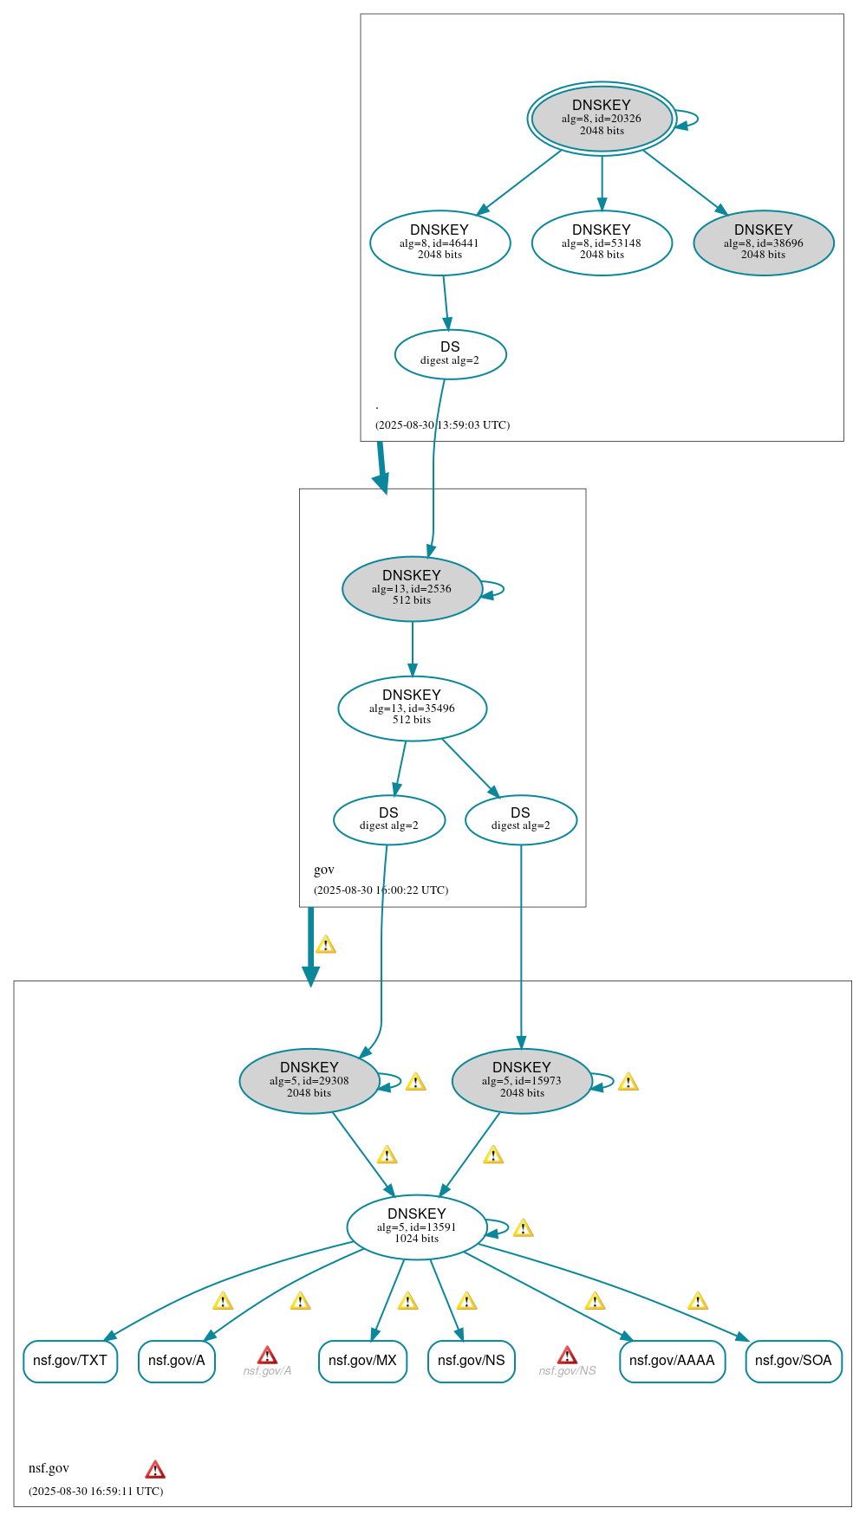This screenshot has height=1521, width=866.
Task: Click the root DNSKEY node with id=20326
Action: coord(602,119)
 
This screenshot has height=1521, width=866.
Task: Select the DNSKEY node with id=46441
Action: coord(440,243)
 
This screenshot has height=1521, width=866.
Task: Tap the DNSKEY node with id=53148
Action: coord(602,243)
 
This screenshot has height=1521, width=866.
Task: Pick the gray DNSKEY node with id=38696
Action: coord(764,243)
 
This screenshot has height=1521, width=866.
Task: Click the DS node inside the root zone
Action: coord(450,354)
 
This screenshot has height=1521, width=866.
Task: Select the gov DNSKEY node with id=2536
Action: coord(412,588)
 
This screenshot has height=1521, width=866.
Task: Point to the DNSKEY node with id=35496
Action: coord(412,708)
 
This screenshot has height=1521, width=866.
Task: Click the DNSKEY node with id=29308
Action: coord(309,1081)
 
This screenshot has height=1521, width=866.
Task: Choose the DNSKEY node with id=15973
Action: coord(522,1081)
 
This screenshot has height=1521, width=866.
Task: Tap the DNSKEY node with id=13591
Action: coord(417,1227)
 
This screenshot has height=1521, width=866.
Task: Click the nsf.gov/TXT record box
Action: coord(70,1361)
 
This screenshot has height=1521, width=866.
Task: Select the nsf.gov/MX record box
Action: coord(362,1361)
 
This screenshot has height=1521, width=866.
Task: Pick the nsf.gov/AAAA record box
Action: coord(672,1361)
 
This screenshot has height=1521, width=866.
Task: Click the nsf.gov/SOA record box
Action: coord(793,1361)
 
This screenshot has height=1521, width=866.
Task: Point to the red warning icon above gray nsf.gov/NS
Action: coord(567,1355)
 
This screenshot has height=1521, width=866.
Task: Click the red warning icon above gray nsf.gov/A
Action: coord(267,1355)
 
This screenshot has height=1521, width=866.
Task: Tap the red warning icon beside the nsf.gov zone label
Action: coord(155,1469)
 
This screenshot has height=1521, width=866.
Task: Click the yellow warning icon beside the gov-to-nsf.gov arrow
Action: coord(326,944)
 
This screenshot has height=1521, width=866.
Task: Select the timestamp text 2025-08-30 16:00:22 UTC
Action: coord(381,890)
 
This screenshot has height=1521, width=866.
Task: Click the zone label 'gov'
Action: coord(324,870)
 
